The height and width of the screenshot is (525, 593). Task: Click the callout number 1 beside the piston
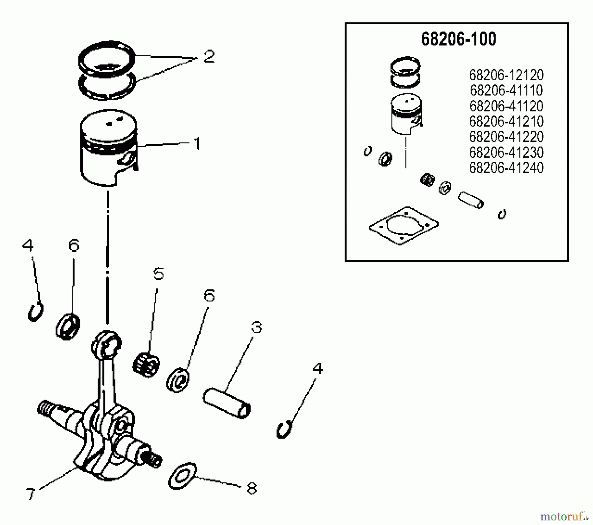click(x=197, y=144)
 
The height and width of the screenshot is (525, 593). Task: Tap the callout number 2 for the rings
click(x=209, y=56)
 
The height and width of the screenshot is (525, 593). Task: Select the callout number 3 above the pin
click(x=256, y=327)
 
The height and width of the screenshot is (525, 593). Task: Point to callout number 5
click(x=158, y=274)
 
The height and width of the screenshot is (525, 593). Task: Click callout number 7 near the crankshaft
click(x=30, y=494)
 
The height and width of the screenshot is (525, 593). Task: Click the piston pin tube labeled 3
click(x=227, y=403)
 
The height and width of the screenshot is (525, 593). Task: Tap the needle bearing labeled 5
click(x=146, y=365)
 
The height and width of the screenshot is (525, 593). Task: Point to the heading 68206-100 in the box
click(x=458, y=39)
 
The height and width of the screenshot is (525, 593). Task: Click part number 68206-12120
click(x=506, y=75)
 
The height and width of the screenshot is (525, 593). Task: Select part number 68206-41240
click(x=506, y=168)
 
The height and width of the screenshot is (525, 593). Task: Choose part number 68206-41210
click(x=506, y=121)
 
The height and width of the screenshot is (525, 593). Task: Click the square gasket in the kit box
click(x=404, y=226)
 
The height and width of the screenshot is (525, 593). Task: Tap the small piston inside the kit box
click(x=406, y=114)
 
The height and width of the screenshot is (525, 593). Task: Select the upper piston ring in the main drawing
click(x=106, y=59)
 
